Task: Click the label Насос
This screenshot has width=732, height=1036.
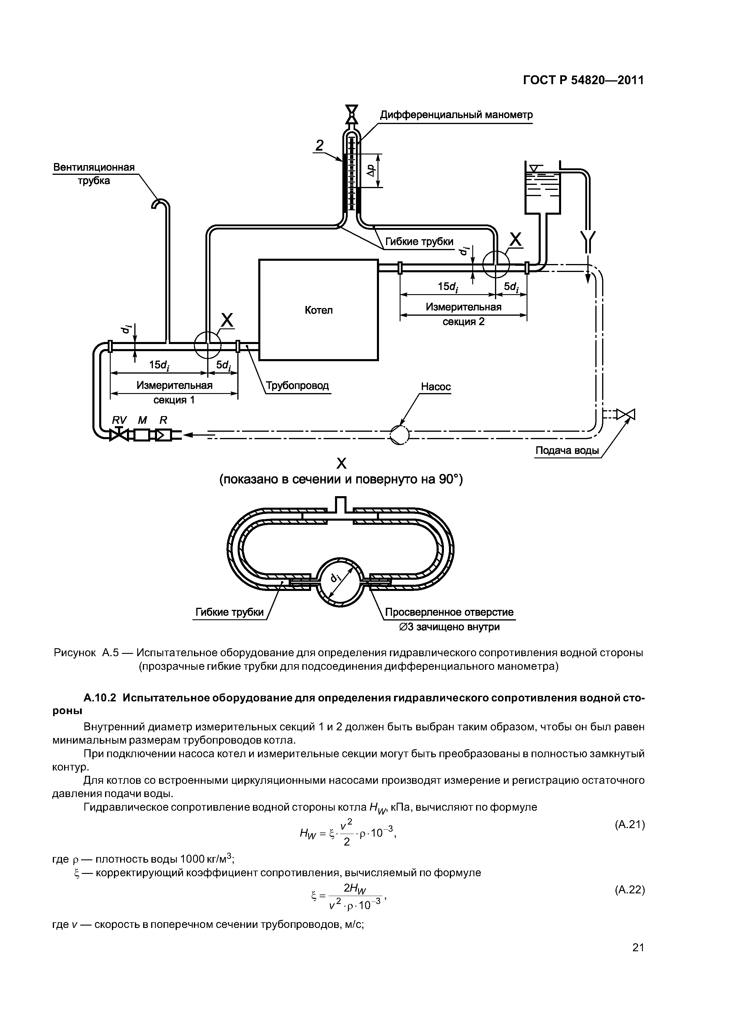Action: pyautogui.click(x=436, y=387)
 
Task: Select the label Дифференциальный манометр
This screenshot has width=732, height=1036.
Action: pyautogui.click(x=456, y=115)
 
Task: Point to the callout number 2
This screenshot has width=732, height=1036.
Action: pyautogui.click(x=319, y=145)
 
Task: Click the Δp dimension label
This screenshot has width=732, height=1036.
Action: pyautogui.click(x=370, y=170)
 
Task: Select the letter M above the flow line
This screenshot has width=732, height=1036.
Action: pyautogui.click(x=142, y=420)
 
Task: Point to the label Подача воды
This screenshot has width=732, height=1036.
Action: pyautogui.click(x=567, y=450)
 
